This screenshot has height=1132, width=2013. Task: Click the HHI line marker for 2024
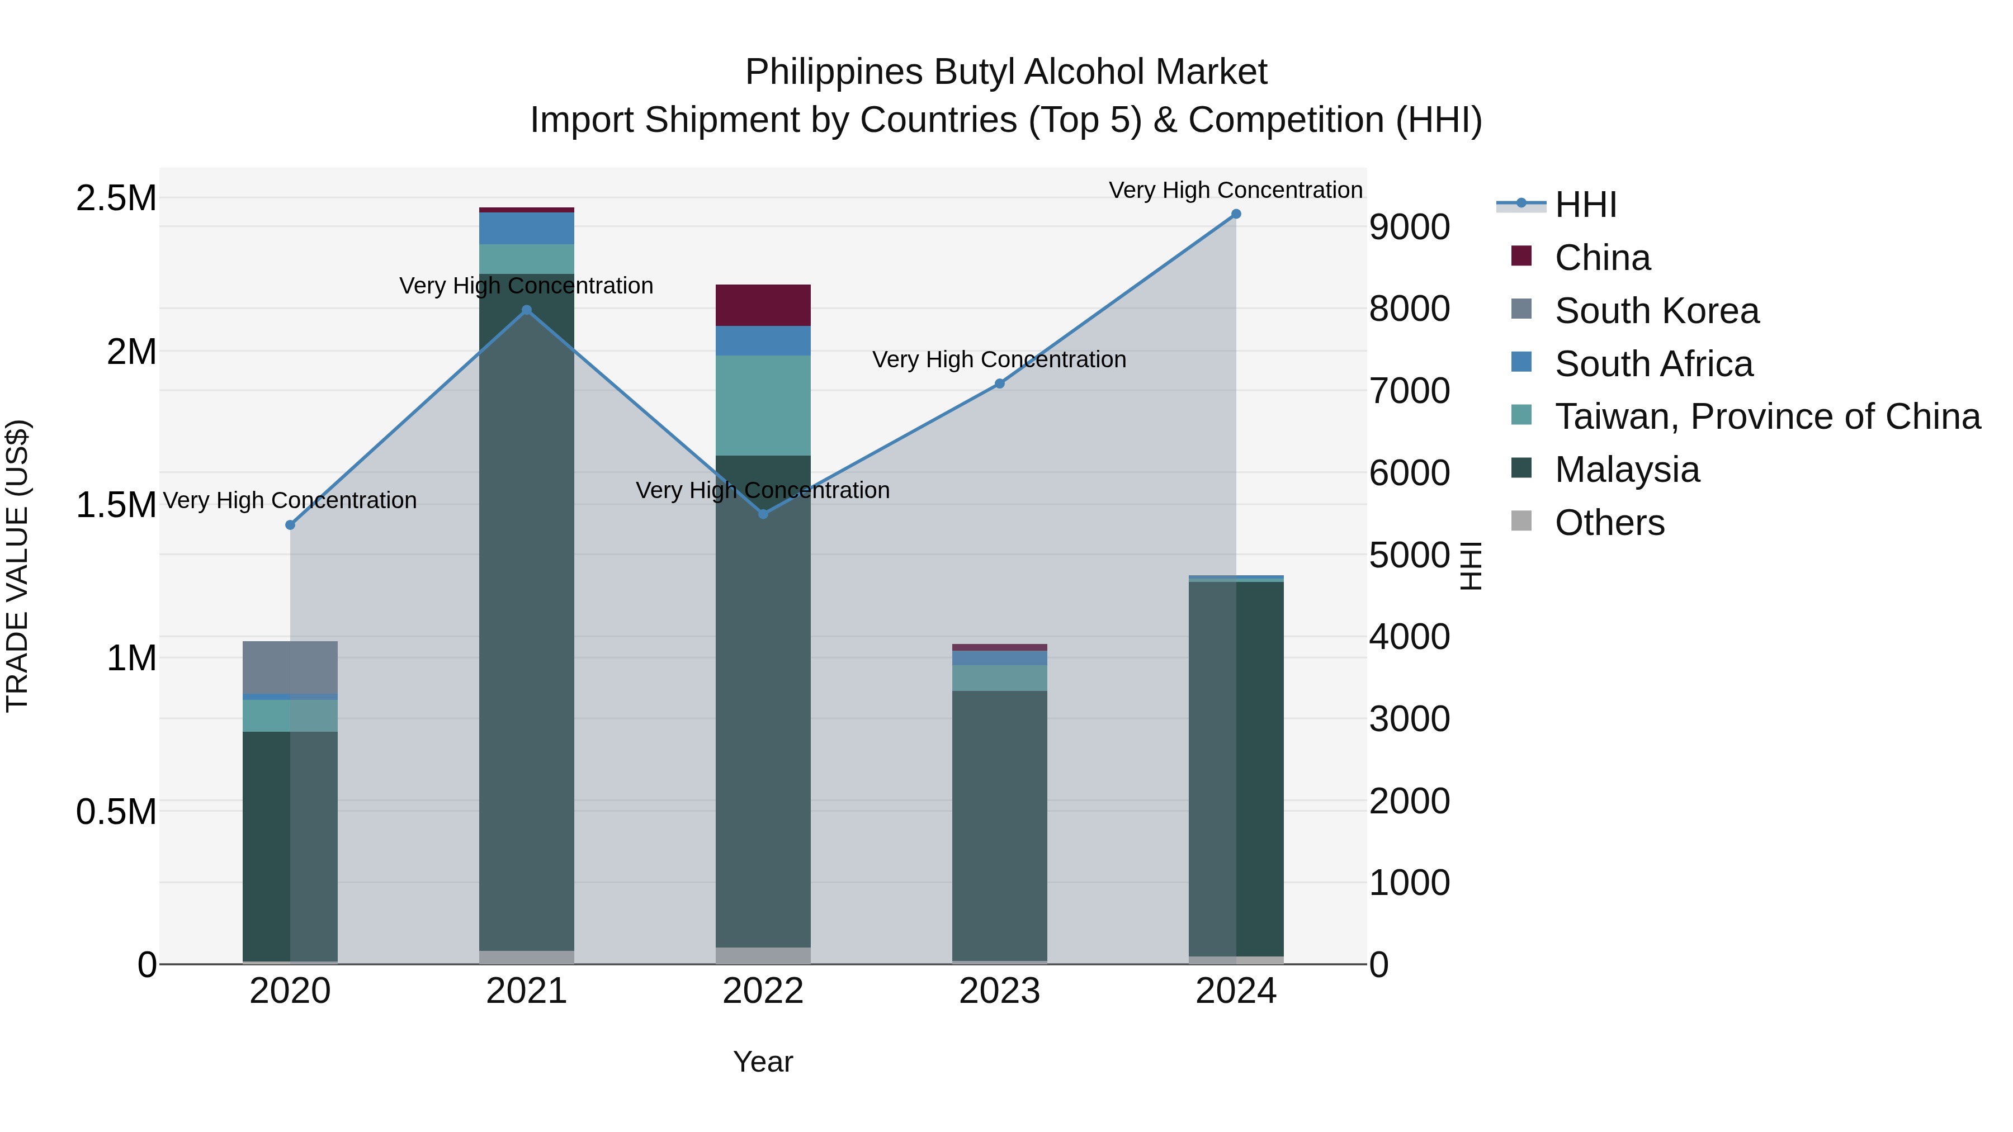[1235, 214]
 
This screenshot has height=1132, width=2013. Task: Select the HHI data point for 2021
[527, 310]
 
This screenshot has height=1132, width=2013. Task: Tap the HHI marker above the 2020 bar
[290, 525]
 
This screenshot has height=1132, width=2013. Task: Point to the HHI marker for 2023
[999, 383]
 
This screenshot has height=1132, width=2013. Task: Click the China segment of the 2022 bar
[763, 305]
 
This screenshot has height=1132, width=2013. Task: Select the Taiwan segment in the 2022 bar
[763, 405]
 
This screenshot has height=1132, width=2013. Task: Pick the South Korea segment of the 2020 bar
[290, 667]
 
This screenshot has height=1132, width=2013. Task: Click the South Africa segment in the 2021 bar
[527, 228]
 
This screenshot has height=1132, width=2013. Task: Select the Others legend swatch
[1521, 521]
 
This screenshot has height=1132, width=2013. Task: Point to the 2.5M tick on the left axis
[116, 198]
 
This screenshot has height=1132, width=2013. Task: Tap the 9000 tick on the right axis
[1409, 228]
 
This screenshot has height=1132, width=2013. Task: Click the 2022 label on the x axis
[763, 991]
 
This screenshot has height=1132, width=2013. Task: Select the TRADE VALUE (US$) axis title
[17, 566]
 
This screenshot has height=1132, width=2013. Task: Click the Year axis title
[763, 1062]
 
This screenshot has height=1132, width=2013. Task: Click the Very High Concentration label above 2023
[999, 359]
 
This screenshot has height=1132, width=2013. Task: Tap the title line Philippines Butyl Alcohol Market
[1006, 72]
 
